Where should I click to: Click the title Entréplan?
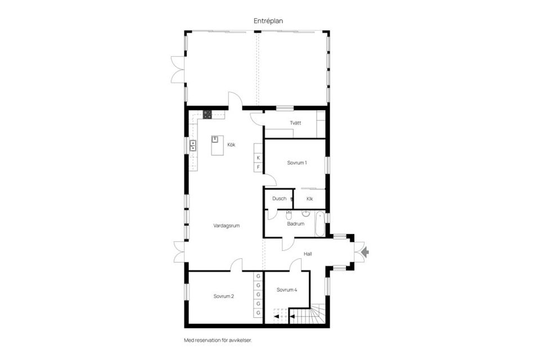pos(268,21)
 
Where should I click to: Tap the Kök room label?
pos(231,145)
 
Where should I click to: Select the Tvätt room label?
pos(295,123)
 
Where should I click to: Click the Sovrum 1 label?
pos(296,163)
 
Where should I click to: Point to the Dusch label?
pos(279,199)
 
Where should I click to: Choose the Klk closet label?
pos(309,199)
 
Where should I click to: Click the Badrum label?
pos(295,223)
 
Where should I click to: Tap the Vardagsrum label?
pos(227,225)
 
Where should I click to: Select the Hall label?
pos(308,254)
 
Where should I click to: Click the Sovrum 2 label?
pos(223,296)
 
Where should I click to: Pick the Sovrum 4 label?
pos(286,290)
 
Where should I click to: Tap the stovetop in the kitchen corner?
pos(207,115)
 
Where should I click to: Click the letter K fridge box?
pos(258,157)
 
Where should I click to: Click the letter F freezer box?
pos(258,167)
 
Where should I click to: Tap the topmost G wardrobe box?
pos(258,276)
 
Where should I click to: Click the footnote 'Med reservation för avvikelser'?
pos(221,340)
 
